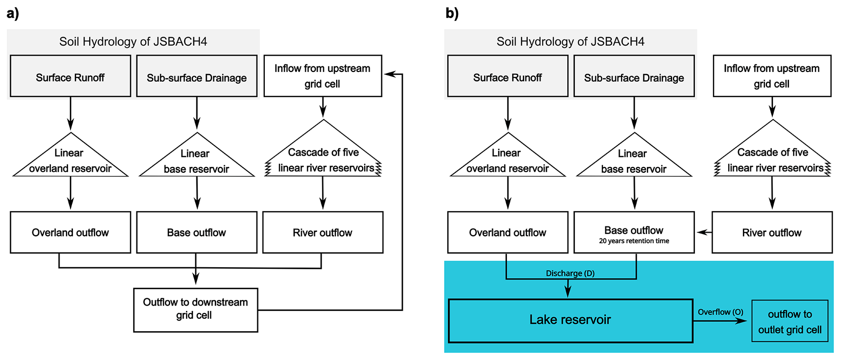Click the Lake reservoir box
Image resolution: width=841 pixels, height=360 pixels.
pyautogui.click(x=570, y=321)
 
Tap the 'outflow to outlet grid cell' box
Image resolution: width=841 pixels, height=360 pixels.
pyautogui.click(x=789, y=321)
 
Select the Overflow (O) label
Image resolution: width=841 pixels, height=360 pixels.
pyautogui.click(x=720, y=312)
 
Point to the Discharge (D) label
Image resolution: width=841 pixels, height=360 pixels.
pyautogui.click(x=570, y=273)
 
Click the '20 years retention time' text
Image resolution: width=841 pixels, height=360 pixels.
pyautogui.click(x=633, y=241)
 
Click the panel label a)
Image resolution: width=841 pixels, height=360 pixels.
pyautogui.click(x=13, y=13)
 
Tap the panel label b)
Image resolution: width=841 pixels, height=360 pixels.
pyautogui.click(x=452, y=13)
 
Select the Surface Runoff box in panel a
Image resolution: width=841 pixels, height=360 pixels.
pyautogui.click(x=70, y=76)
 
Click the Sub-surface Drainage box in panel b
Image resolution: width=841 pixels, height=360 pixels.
pyautogui.click(x=633, y=76)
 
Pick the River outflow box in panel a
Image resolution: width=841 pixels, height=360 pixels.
pyautogui.click(x=322, y=232)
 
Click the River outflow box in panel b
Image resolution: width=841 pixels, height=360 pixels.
pyautogui.click(x=771, y=232)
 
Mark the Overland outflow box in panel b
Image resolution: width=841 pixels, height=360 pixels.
pyautogui.click(x=507, y=232)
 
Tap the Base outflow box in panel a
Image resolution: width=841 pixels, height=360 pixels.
pyautogui.click(x=196, y=232)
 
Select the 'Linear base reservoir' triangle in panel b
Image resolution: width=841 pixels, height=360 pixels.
pyautogui.click(x=633, y=160)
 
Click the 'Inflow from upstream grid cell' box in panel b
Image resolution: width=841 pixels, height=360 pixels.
pyautogui.click(x=771, y=76)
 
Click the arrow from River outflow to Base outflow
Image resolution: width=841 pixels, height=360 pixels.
pyautogui.click(x=704, y=232)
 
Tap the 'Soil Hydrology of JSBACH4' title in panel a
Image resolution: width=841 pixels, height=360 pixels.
pyautogui.click(x=133, y=41)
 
